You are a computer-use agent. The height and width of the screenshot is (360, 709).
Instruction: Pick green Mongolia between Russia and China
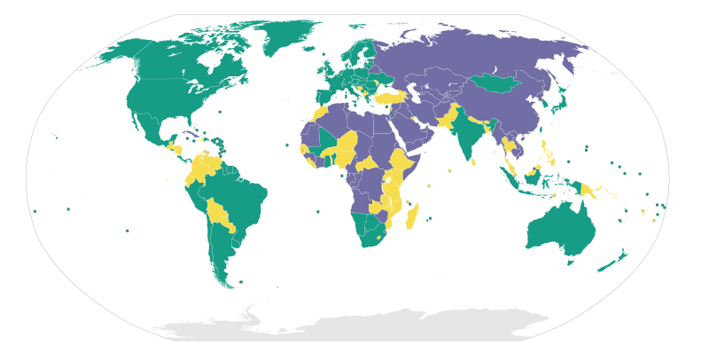point(493,83)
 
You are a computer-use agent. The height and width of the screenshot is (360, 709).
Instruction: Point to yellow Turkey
point(390,97)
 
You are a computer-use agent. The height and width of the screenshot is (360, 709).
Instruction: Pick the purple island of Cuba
point(191,135)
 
